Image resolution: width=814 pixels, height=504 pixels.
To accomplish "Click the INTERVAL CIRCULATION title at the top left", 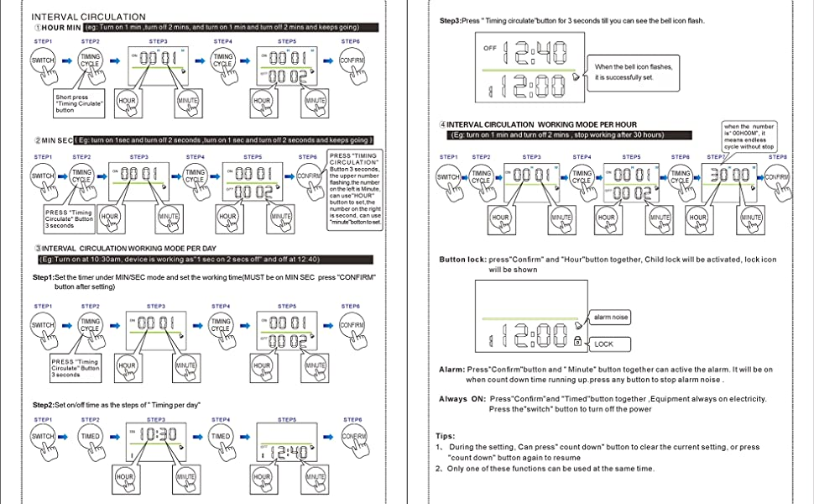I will click(x=88, y=17).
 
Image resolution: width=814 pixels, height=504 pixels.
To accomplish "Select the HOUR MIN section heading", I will click(x=59, y=28).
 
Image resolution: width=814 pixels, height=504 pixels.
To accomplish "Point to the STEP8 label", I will click(x=778, y=157).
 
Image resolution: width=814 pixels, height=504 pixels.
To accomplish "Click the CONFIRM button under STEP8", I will click(x=777, y=177).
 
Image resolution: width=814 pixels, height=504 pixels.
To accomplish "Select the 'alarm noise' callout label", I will click(x=611, y=318).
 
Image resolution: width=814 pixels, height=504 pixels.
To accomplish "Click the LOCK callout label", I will click(x=604, y=344).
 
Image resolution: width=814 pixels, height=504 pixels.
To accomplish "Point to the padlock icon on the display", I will click(x=577, y=340).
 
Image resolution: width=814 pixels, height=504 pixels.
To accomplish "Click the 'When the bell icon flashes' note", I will click(x=634, y=72).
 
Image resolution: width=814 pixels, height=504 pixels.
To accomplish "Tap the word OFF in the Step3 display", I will click(x=490, y=48).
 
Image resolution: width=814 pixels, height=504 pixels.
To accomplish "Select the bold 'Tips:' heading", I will click(x=446, y=436).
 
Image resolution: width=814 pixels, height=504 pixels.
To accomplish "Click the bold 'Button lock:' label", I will click(x=462, y=260).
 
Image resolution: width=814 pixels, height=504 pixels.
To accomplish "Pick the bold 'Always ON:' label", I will click(x=462, y=399).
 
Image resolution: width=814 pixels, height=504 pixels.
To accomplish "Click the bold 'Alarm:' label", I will click(x=451, y=370).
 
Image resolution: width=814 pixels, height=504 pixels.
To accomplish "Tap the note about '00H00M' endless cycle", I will click(x=749, y=136).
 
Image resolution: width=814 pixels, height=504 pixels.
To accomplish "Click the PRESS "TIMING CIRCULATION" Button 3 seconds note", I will click(x=355, y=189).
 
